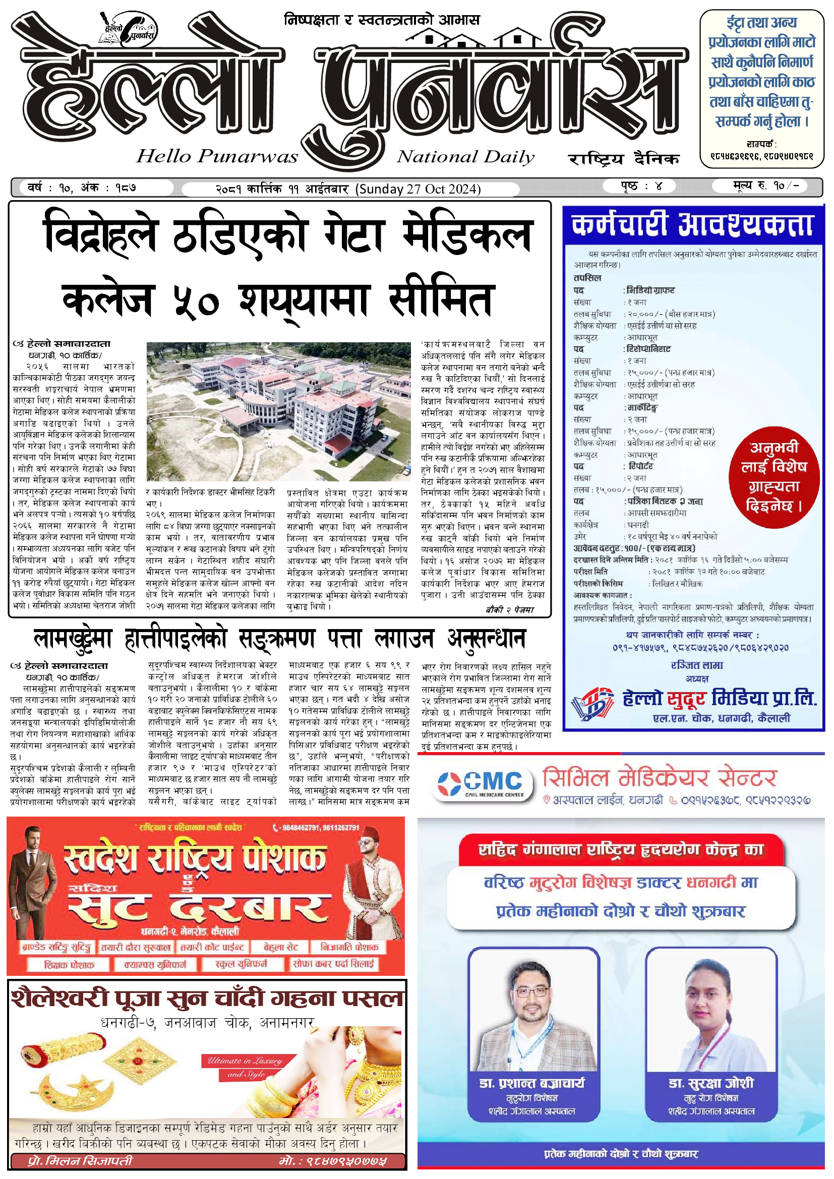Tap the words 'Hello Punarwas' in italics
[217, 156]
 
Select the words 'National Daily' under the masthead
[465, 157]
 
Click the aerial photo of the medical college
[279, 411]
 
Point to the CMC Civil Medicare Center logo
[480, 784]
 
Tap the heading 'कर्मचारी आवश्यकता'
[693, 225]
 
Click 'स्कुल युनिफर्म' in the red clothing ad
[241, 964]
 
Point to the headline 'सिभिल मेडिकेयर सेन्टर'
[660, 778]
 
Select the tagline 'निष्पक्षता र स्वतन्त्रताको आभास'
[382, 20]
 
